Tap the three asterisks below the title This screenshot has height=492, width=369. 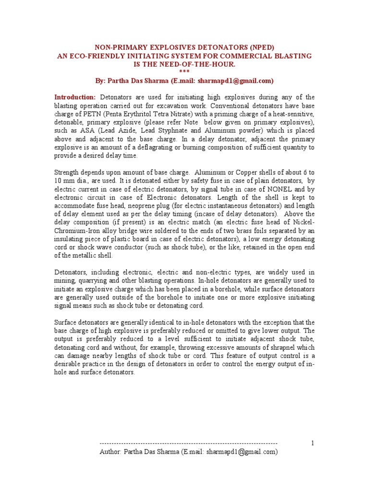184,72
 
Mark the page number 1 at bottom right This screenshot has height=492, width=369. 312,443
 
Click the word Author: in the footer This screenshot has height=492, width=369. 111,452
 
